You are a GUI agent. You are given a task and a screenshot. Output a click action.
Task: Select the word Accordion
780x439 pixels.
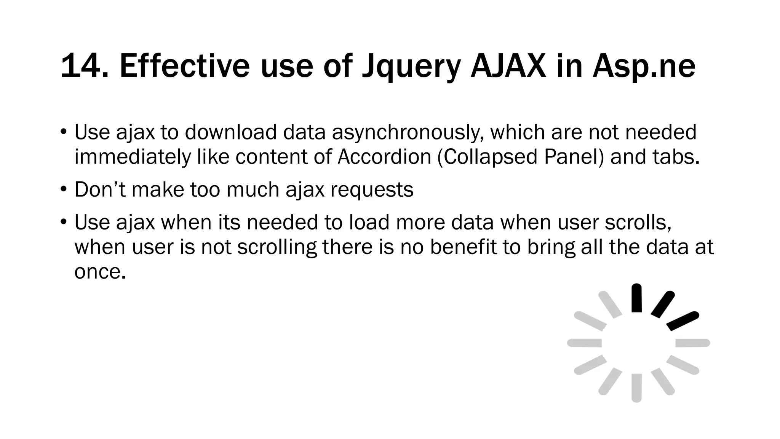click(384, 157)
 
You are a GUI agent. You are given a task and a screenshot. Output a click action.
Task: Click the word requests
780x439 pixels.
click(371, 190)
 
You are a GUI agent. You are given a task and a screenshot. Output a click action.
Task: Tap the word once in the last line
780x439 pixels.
click(100, 272)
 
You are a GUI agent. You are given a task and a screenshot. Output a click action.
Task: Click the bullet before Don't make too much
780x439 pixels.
click(64, 189)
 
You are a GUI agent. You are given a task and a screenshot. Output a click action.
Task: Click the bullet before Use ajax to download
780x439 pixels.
click(64, 133)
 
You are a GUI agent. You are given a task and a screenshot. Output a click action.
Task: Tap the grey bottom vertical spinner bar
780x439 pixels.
click(636, 388)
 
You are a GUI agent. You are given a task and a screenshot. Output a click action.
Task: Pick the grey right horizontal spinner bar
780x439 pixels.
click(692, 343)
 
